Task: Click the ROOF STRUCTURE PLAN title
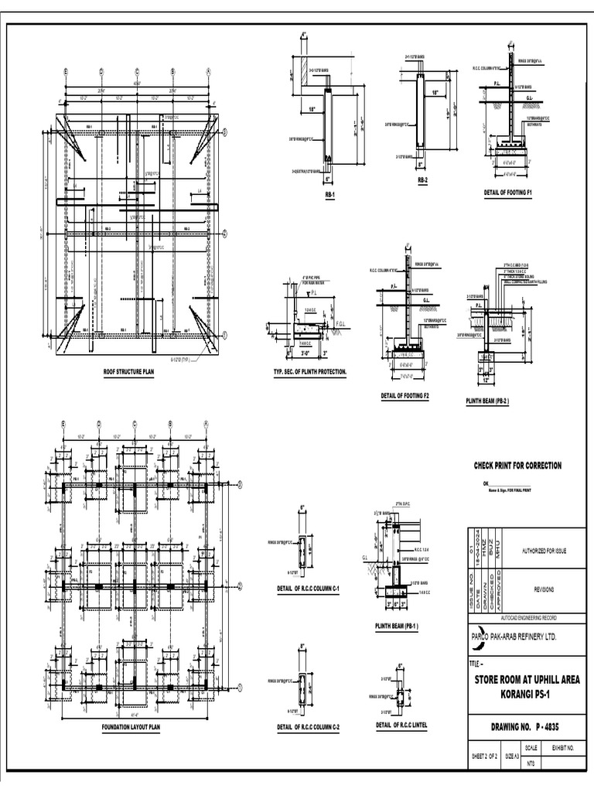tap(129, 372)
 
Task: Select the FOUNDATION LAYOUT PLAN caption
tap(131, 727)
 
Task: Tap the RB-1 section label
tap(330, 196)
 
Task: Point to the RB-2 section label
tap(422, 179)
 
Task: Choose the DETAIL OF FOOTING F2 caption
tap(405, 395)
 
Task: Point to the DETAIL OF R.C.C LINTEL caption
tap(401, 725)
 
